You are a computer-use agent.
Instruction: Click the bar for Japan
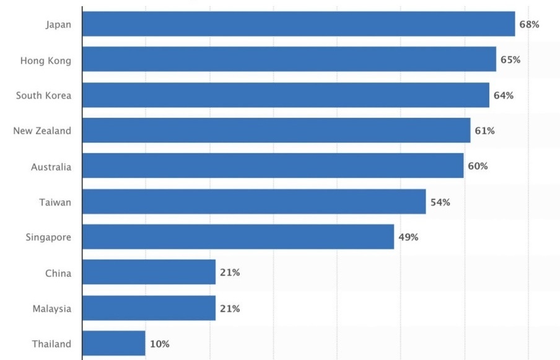(x=298, y=24)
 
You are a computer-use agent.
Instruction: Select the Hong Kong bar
(x=289, y=59)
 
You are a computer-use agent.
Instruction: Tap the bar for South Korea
(x=286, y=95)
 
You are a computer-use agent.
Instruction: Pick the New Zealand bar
(x=276, y=131)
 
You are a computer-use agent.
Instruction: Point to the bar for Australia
(x=273, y=166)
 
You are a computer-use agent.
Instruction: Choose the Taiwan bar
(x=253, y=202)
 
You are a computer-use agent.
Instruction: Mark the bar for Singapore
(x=238, y=237)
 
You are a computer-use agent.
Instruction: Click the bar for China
(x=149, y=273)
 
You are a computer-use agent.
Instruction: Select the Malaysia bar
(x=149, y=309)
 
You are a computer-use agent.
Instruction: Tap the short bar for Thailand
(x=113, y=344)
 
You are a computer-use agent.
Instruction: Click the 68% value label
(x=530, y=25)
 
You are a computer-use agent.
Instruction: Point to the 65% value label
(x=510, y=60)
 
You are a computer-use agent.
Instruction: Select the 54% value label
(x=440, y=202)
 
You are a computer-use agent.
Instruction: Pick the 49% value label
(x=408, y=237)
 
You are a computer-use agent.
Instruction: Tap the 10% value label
(x=159, y=344)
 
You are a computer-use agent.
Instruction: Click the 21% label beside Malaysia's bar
(x=230, y=309)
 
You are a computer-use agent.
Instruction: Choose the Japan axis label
(x=58, y=25)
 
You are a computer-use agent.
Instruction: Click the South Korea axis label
(x=43, y=95)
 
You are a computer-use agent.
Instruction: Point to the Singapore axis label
(x=48, y=237)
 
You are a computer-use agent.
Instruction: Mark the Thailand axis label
(x=51, y=344)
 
